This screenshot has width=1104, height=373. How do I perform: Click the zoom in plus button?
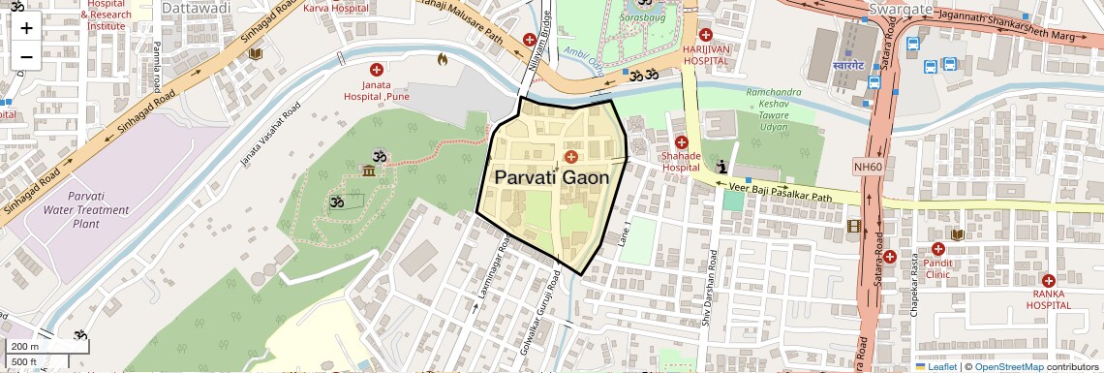[x=26, y=27]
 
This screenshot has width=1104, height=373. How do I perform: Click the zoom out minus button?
[x=26, y=56]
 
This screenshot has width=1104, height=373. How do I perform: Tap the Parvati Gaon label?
[x=552, y=178]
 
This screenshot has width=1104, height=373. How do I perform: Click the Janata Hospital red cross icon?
[x=377, y=70]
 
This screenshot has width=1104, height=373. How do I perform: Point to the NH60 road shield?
[x=869, y=167]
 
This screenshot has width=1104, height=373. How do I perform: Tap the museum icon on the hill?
[x=369, y=171]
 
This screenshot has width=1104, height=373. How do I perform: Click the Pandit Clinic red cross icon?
[x=937, y=248]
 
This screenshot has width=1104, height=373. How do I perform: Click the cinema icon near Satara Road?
[x=852, y=227]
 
